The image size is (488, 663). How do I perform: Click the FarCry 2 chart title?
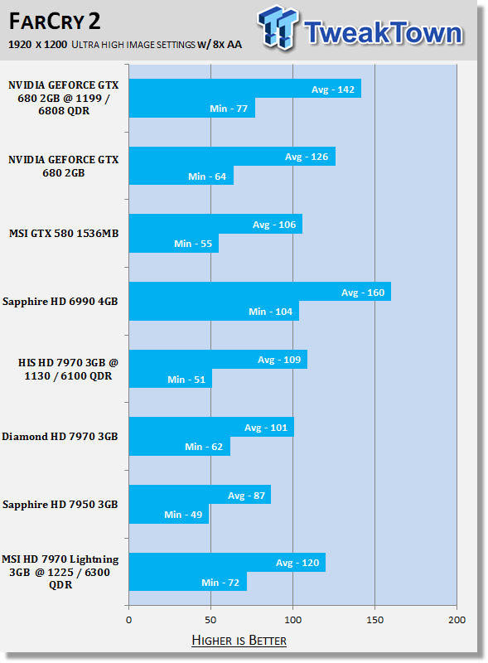tap(55, 22)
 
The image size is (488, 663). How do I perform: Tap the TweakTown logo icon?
tap(278, 28)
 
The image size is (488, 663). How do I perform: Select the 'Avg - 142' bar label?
tap(333, 90)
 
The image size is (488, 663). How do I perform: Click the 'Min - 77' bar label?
tap(229, 109)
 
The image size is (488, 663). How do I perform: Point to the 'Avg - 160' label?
tap(363, 293)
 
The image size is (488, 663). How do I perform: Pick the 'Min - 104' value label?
tap(270, 312)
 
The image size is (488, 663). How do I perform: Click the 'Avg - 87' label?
tap(246, 496)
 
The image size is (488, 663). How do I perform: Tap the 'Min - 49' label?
tap(183, 515)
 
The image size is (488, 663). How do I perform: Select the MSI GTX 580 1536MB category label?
tap(64, 234)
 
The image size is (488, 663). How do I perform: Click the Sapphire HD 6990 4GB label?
tap(60, 302)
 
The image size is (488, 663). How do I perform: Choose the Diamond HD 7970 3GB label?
tap(60, 437)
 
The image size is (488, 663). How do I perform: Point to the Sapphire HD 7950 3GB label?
tap(60, 505)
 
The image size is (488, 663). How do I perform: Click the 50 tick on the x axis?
tap(210, 620)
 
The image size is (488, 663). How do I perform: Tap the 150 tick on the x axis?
tap(374, 620)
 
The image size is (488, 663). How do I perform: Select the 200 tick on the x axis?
tap(457, 620)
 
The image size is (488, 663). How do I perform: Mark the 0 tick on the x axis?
tap(129, 620)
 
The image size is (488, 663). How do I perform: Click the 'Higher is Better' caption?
tap(239, 640)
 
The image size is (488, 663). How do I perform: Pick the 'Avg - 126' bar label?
tap(307, 157)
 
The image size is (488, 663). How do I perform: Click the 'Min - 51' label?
tap(186, 380)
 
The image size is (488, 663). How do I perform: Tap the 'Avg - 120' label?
tap(297, 563)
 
